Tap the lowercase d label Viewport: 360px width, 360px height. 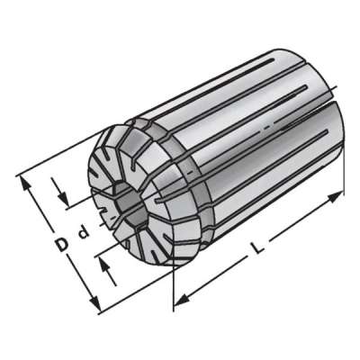pos(81,237)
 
